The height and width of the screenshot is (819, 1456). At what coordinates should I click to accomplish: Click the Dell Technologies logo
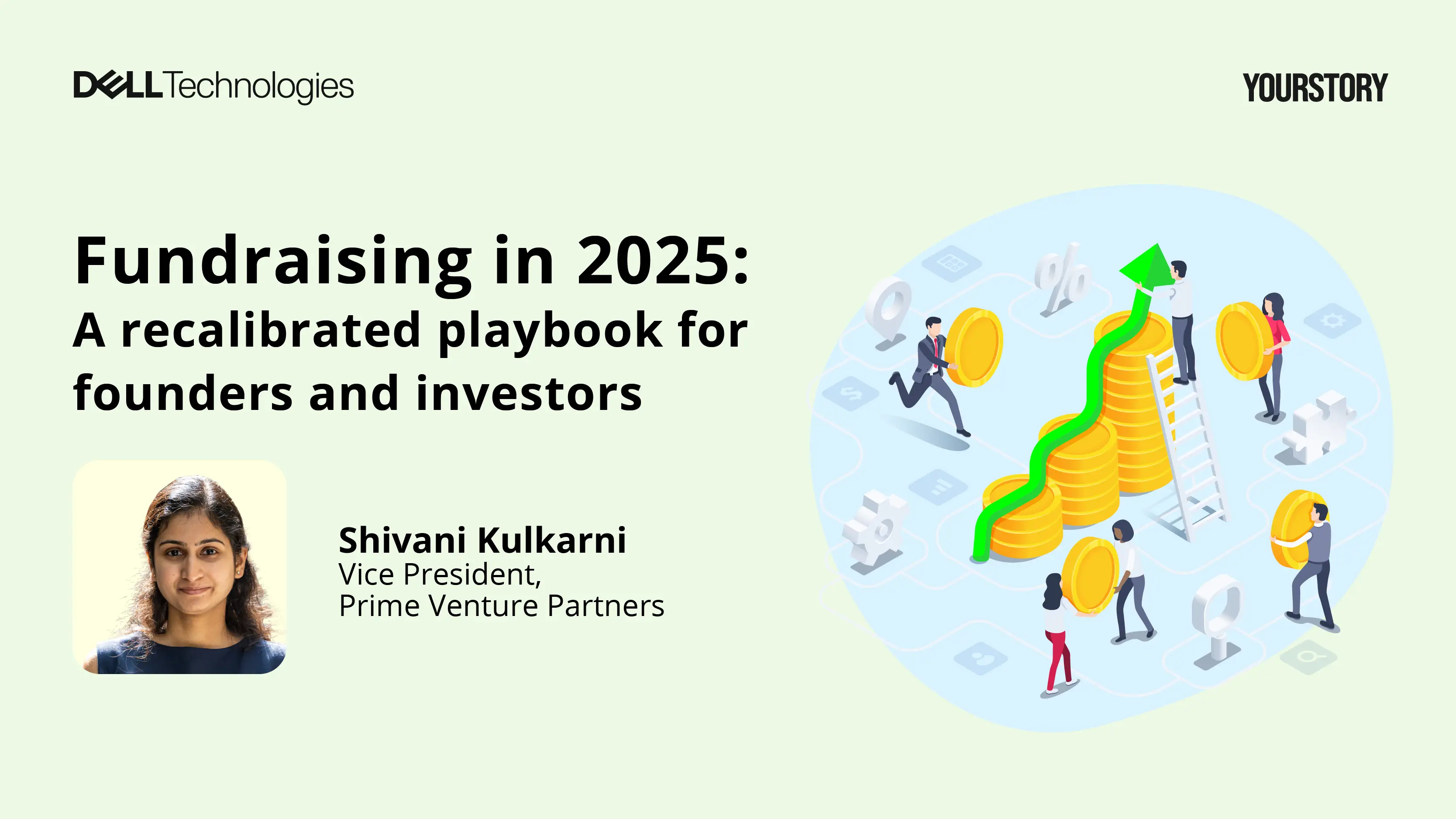[213, 86]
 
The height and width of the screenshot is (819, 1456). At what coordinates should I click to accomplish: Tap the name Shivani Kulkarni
[482, 540]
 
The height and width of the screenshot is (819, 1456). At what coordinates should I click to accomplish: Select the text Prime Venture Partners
[501, 606]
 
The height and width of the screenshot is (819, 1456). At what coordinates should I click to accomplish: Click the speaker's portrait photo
[180, 567]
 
